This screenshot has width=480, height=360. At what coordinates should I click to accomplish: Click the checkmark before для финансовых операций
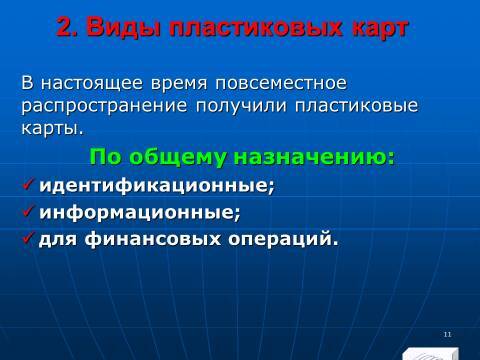28,238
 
